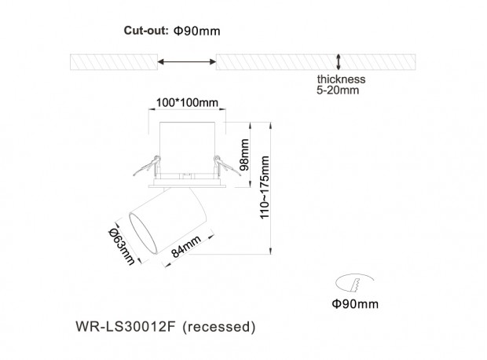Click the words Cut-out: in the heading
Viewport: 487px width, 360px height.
pyautogui.click(x=146, y=31)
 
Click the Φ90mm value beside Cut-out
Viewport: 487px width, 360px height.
pyautogui.click(x=197, y=31)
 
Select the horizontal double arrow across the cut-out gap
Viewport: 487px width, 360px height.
pyautogui.click(x=187, y=61)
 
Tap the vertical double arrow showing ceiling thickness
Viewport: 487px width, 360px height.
pyautogui.click(x=339, y=62)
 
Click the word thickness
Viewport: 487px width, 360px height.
pyautogui.click(x=341, y=79)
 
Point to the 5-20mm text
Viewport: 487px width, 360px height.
pyautogui.click(x=338, y=90)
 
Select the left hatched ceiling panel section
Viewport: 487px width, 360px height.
pyautogui.click(x=114, y=62)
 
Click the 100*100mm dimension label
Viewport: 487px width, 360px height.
pyautogui.click(x=187, y=102)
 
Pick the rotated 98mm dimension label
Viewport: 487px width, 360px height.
pyautogui.click(x=244, y=155)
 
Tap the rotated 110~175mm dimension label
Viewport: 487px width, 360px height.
pyautogui.click(x=264, y=187)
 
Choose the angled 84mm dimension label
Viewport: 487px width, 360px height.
pyautogui.click(x=185, y=246)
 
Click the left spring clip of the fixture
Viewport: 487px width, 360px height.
pyautogui.click(x=147, y=166)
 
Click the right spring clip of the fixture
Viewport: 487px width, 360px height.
pyautogui.click(x=227, y=166)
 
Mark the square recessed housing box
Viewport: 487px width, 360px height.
pyautogui.click(x=187, y=147)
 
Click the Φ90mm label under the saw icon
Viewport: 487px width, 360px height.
pyautogui.click(x=355, y=303)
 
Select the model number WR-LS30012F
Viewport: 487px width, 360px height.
pyautogui.click(x=126, y=326)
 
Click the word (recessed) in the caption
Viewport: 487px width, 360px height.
pyautogui.click(x=219, y=327)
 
